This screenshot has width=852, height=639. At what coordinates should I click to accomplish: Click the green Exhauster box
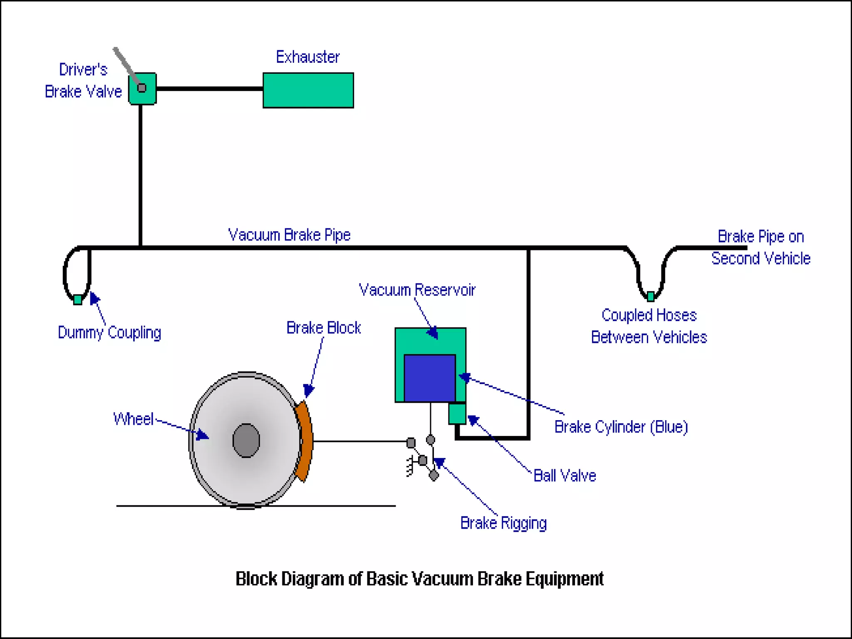(308, 90)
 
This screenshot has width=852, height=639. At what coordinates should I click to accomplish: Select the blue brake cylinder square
(429, 378)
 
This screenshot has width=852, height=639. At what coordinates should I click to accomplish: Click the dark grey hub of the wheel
(246, 440)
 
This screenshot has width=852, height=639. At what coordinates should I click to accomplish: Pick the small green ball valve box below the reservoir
(457, 414)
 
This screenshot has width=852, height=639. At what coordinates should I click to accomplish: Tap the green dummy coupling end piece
(77, 300)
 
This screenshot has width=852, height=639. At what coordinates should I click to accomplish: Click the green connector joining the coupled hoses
(651, 296)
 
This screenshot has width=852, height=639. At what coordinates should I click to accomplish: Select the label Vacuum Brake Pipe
(289, 235)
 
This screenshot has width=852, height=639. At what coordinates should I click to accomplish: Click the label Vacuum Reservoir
(417, 290)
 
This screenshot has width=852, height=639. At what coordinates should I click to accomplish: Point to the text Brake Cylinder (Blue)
(621, 427)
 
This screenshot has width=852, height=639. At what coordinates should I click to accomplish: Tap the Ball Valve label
(565, 476)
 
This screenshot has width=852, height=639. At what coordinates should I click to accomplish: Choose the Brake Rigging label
(503, 523)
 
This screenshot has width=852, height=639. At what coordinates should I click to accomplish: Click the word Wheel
(134, 419)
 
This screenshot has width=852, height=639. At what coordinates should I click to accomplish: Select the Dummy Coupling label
(109, 332)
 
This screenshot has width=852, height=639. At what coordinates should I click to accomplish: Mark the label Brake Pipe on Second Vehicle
(760, 247)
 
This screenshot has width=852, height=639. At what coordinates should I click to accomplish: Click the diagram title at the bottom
(419, 579)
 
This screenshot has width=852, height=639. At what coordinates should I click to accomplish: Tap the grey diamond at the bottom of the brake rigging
(433, 475)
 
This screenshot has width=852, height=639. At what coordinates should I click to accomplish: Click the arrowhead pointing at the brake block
(308, 390)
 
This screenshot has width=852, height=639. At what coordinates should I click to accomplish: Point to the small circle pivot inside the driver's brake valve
(142, 88)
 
